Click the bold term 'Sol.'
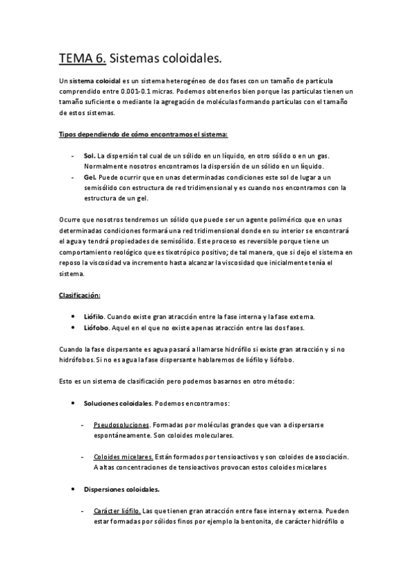[x=90, y=156]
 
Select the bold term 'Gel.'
[x=90, y=177]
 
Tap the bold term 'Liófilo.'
[x=94, y=317]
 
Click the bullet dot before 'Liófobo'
[x=73, y=327]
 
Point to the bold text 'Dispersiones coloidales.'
[x=121, y=489]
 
